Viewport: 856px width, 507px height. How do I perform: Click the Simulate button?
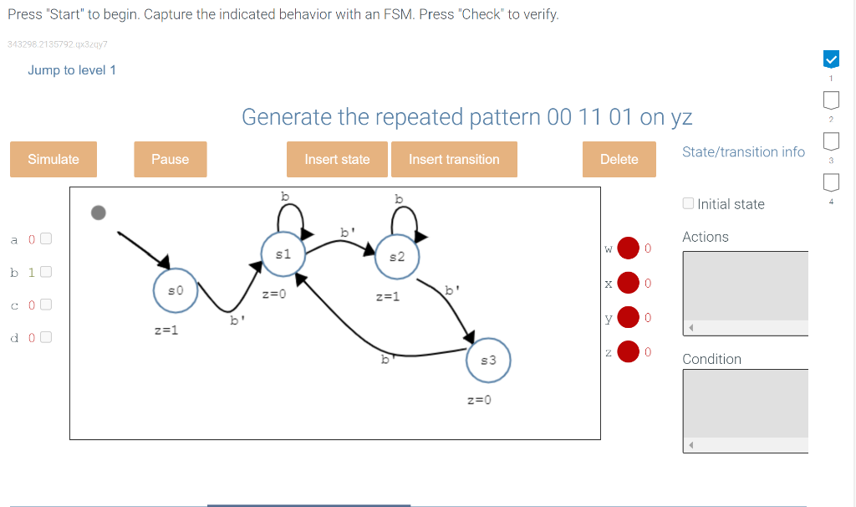tap(53, 159)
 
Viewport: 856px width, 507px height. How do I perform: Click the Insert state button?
tap(337, 159)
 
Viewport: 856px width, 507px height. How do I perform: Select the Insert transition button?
tap(454, 159)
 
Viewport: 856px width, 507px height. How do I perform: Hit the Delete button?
tap(619, 159)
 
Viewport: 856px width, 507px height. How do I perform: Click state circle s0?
tap(175, 290)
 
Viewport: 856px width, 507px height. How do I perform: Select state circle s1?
tap(283, 254)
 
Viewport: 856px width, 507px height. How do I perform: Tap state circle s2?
tap(397, 257)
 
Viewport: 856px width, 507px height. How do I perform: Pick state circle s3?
tap(489, 360)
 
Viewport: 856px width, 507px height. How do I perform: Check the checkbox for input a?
tap(46, 239)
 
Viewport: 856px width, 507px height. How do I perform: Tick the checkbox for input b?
tap(46, 272)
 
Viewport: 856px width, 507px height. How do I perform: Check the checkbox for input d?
tap(46, 337)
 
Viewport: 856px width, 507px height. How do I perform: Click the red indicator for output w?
tap(629, 248)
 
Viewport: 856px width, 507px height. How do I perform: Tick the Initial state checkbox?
tap(688, 203)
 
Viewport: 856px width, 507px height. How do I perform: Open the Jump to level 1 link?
tap(72, 70)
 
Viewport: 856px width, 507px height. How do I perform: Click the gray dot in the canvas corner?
tap(99, 213)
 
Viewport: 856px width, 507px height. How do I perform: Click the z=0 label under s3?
tap(479, 400)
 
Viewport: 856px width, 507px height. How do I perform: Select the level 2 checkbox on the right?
tap(831, 101)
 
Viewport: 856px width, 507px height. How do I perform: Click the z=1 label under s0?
tap(167, 330)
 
